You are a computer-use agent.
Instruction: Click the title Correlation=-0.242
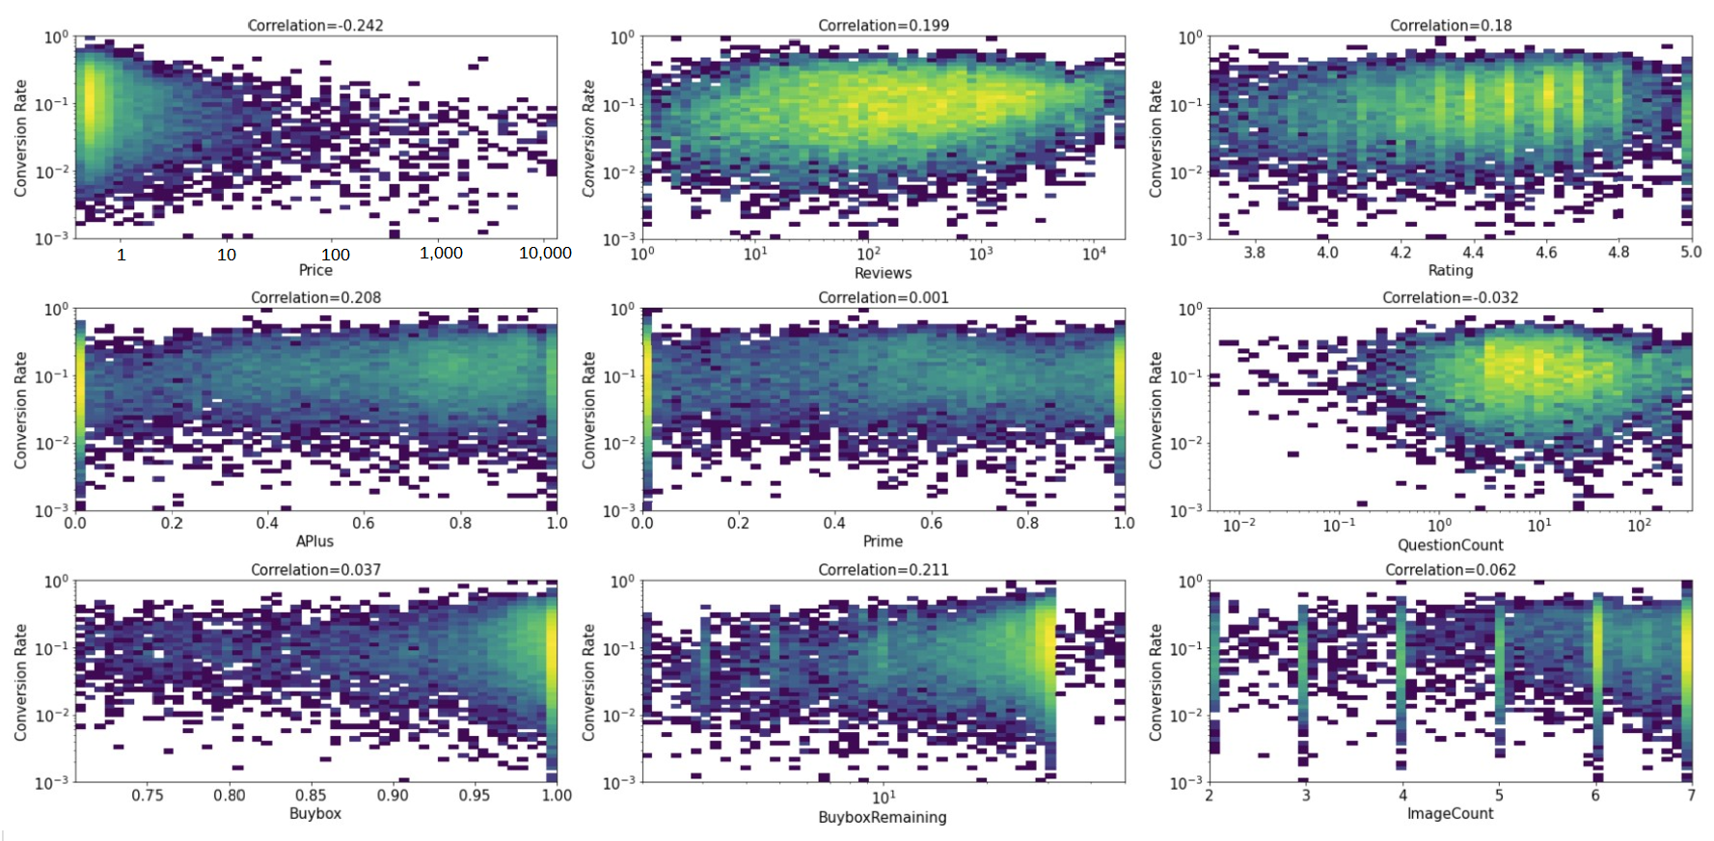[315, 25]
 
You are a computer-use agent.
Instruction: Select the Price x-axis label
[315, 270]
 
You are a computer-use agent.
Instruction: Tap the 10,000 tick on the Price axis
[545, 253]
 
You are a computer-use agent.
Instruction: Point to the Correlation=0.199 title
[884, 25]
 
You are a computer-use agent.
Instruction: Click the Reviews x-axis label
[883, 273]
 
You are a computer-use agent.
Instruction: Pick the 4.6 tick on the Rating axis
[1546, 253]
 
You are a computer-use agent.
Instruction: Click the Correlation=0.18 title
[1451, 25]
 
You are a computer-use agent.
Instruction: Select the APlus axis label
[315, 541]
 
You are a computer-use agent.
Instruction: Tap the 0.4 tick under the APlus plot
[268, 523]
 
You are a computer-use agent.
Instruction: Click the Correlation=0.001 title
[884, 297]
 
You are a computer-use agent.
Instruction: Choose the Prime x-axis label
[883, 541]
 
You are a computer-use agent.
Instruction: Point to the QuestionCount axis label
[1451, 545]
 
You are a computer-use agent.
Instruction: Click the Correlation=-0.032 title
[1451, 297]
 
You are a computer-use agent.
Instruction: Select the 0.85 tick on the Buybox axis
[311, 795]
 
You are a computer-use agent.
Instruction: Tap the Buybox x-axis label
[315, 813]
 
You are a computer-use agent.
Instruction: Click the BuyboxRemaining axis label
[883, 817]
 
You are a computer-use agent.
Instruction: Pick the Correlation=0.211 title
[884, 570]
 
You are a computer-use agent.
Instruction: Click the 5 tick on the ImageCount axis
[1499, 795]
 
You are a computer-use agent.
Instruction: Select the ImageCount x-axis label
[1451, 813]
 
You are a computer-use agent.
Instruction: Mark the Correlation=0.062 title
[1451, 570]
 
